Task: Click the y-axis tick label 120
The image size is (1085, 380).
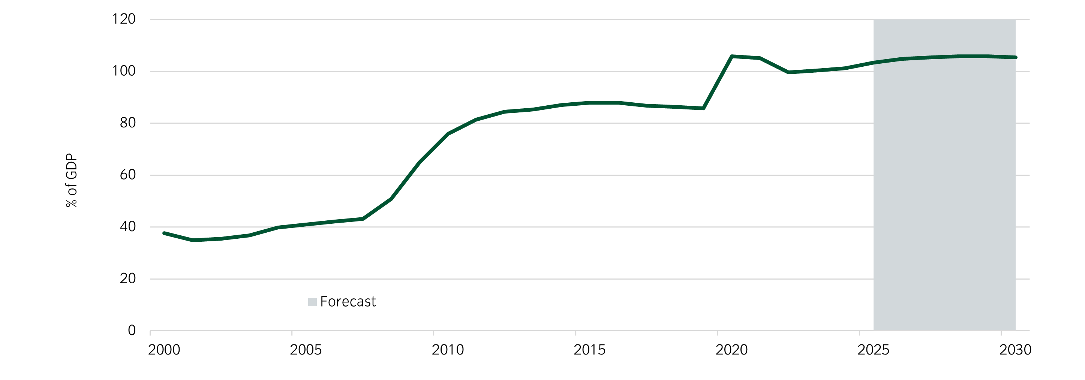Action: [123, 19]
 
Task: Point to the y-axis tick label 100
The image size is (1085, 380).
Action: [123, 71]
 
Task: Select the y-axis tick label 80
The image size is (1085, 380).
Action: [127, 123]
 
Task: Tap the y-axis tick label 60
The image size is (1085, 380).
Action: [127, 175]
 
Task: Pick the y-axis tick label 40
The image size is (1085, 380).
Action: [127, 227]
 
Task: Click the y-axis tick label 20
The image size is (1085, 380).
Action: [127, 278]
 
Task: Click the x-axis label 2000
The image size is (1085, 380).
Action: [164, 350]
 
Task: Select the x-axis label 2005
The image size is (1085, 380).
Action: [306, 350]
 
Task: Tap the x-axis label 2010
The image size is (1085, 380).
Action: [448, 350]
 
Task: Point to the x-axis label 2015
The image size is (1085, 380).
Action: [590, 350]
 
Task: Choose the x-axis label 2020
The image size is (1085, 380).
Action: [731, 350]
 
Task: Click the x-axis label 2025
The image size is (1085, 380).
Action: [874, 350]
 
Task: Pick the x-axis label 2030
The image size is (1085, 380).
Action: [1016, 350]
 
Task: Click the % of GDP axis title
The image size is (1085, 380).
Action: [72, 180]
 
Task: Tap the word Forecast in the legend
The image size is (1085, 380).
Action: [348, 302]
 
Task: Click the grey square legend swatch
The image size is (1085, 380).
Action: [312, 302]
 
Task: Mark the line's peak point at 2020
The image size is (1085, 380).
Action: [731, 56]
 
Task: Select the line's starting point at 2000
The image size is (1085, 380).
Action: [164, 233]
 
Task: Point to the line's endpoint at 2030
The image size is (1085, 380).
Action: [1016, 57]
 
